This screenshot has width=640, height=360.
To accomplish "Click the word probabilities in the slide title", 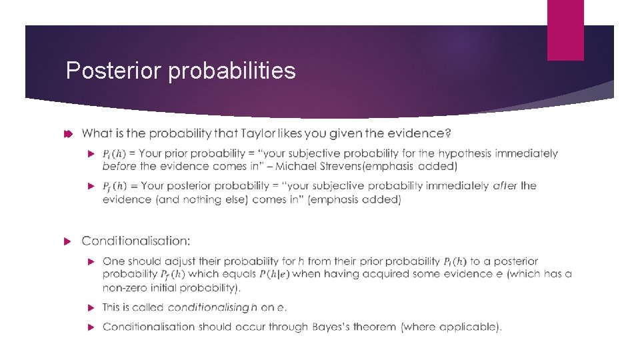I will [x=232, y=71].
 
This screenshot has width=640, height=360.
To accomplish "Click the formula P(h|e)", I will [x=273, y=274].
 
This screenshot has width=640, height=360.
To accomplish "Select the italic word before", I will [x=119, y=166].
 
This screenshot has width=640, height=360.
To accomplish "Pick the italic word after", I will [x=505, y=185].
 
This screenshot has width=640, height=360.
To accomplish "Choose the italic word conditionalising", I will [x=208, y=307].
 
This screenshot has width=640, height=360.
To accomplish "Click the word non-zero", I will [x=125, y=288].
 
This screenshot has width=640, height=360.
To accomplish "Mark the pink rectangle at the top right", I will [x=565, y=30].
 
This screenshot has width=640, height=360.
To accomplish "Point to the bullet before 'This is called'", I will [x=93, y=307].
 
